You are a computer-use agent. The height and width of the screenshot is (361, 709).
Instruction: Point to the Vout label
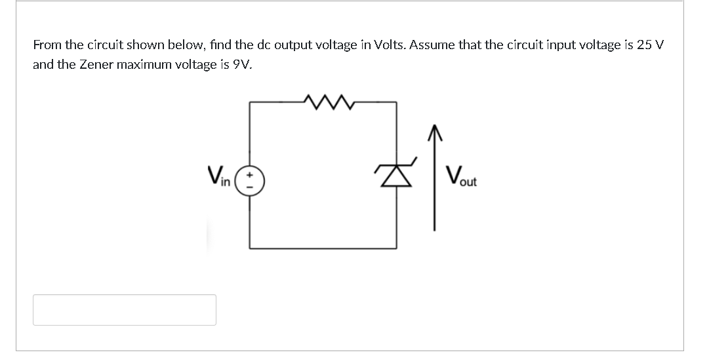[461, 176]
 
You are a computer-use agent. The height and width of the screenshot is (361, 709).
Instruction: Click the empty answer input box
[125, 310]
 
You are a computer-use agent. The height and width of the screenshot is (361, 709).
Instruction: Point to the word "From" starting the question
[45, 45]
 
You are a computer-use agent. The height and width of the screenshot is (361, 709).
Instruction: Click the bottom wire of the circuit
[321, 248]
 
